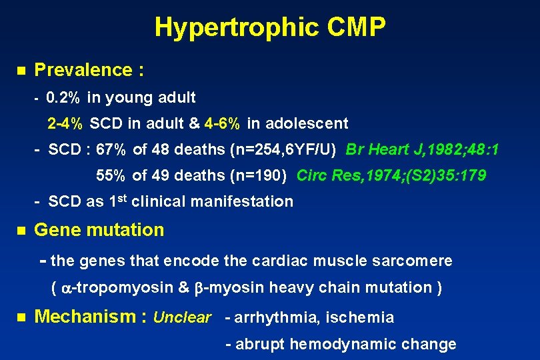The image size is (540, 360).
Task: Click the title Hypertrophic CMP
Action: pos(270,27)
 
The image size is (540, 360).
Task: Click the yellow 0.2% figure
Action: pos(64,98)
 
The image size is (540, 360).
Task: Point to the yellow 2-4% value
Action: pos(65,123)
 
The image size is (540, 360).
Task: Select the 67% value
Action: pos(113,150)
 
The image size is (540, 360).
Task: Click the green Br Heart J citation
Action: pos(422,150)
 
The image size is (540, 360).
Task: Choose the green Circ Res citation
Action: pos(391,175)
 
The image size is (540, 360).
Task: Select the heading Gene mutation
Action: pos(99,230)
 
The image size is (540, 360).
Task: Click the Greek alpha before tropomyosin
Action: pos(66,289)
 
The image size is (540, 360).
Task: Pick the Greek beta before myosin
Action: pos(199,289)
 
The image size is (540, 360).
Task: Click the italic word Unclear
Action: pos(182,317)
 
